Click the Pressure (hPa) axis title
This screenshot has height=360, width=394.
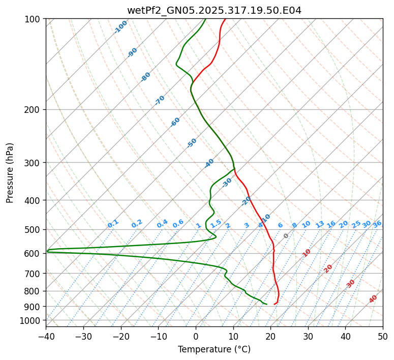point(10,173)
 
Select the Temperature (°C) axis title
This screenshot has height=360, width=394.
point(214,349)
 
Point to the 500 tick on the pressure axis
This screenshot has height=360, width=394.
point(33,229)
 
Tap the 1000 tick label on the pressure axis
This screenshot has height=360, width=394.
point(31,320)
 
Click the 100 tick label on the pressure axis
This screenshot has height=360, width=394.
point(33,19)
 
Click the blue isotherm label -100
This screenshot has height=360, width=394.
point(120,27)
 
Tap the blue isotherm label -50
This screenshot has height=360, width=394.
point(192,143)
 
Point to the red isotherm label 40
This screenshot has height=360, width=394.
point(373,299)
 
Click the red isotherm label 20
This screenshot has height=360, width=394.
point(328,268)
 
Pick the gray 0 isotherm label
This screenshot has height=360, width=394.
point(286,236)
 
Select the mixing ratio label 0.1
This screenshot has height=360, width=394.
point(113,223)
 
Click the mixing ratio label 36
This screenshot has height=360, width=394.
point(377,224)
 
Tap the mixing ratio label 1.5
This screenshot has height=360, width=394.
point(216,223)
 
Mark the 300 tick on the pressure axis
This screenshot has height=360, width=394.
point(33,163)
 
